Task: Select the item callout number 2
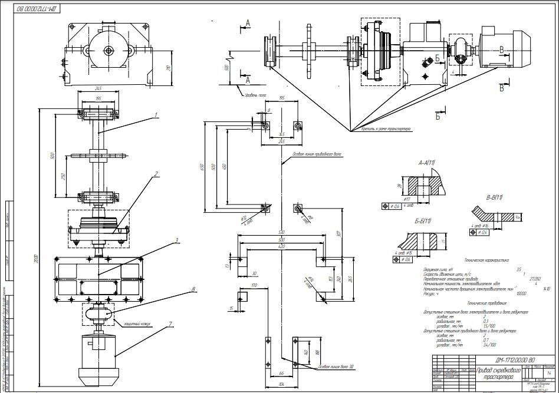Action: click(x=155, y=174)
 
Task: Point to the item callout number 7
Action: click(x=170, y=323)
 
